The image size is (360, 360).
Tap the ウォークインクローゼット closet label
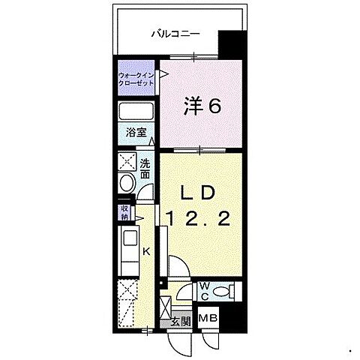[x=136, y=79]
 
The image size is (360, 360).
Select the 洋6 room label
[x=202, y=106]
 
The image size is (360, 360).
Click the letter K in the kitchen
[x=147, y=252]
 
